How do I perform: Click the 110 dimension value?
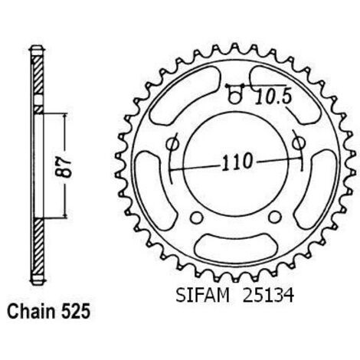pos(237,162)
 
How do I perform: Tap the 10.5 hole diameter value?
pos(273,98)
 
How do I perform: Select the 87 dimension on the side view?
pos(64,167)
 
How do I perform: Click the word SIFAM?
pos(202,296)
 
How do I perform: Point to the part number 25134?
pos(268,296)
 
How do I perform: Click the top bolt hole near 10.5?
pos(234,97)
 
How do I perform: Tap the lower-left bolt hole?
pos(197,217)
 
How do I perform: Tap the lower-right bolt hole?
pos(275,217)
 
